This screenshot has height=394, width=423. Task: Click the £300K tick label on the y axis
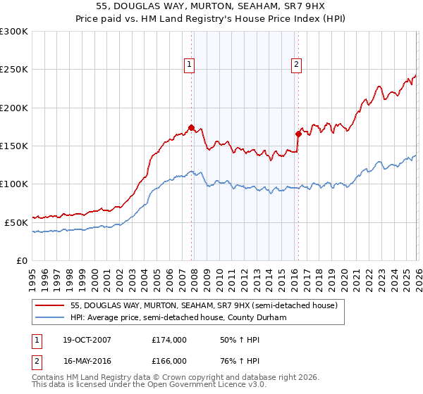[x=14, y=32]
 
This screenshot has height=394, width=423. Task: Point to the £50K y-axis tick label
[x=16, y=222]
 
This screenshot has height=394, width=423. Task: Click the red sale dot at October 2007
[x=191, y=128]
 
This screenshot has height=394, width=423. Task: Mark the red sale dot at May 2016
[x=298, y=134]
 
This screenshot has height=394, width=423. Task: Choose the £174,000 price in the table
[x=169, y=340]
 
